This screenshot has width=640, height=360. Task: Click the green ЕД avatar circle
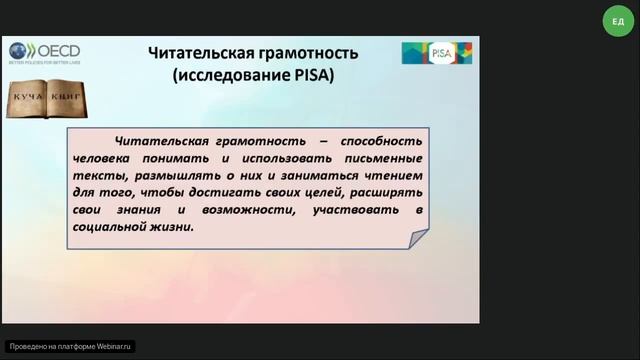coord(615,21)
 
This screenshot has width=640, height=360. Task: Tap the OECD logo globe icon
coord(20,51)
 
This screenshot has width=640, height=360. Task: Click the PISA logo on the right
coord(436,52)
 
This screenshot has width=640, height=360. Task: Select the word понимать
coord(177,158)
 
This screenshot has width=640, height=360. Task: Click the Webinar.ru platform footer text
coord(70,346)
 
